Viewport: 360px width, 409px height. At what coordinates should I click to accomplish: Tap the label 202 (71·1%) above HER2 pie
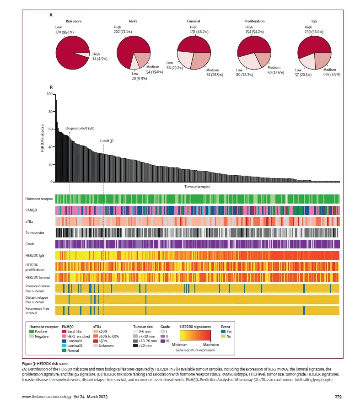[x=122, y=32]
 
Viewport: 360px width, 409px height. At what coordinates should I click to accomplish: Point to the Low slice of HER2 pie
[x=135, y=64]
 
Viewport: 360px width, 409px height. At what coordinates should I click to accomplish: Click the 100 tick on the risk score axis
[x=49, y=94]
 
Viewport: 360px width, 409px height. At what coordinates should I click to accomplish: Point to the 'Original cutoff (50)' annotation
[x=80, y=129]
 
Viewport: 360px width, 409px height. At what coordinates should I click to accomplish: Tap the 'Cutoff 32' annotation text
[x=107, y=141]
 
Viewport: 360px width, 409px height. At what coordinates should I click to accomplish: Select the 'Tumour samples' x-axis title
[x=197, y=187]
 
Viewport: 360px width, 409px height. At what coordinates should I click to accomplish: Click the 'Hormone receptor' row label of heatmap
[x=40, y=199]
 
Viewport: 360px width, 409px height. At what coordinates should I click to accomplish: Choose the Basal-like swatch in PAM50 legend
[x=64, y=331]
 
